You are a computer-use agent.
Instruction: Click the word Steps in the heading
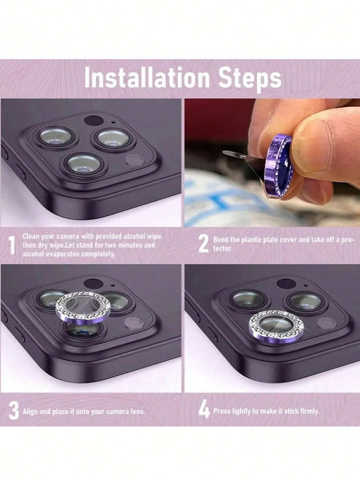click(245, 77)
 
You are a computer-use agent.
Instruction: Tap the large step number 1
click(12, 244)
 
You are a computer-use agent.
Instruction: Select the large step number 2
click(204, 243)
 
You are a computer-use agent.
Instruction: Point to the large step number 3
click(12, 410)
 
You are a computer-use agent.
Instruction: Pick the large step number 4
click(204, 410)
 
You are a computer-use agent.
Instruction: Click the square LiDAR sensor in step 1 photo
click(135, 160)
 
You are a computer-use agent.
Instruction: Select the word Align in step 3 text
click(31, 411)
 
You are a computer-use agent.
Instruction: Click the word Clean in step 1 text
click(31, 236)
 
